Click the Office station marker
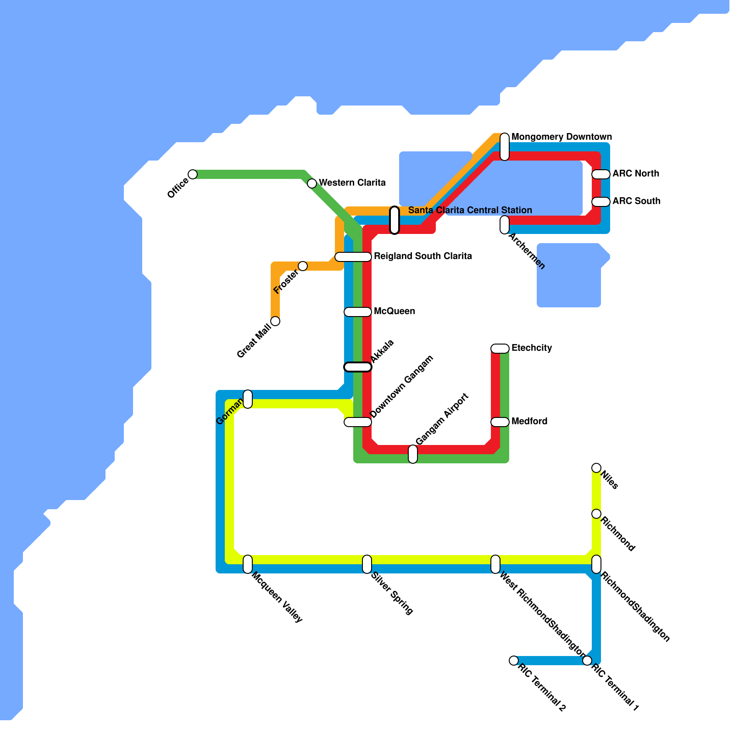click(193, 174)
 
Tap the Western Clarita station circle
click(312, 183)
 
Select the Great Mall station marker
click(275, 321)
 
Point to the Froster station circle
click(303, 266)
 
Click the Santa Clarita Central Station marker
click(395, 220)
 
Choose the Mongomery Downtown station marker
click(505, 147)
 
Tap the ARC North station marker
click(601, 174)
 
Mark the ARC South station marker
click(601, 202)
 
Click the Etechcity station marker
click(500, 349)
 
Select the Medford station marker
click(500, 422)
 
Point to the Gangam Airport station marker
click(413, 454)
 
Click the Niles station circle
click(596, 468)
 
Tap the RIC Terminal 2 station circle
click(514, 661)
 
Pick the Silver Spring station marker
click(367, 564)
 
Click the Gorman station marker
click(248, 399)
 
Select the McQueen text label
click(394, 311)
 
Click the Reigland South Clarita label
click(423, 256)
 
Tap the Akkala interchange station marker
click(358, 367)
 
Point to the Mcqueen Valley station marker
click(248, 564)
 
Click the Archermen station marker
click(505, 225)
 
